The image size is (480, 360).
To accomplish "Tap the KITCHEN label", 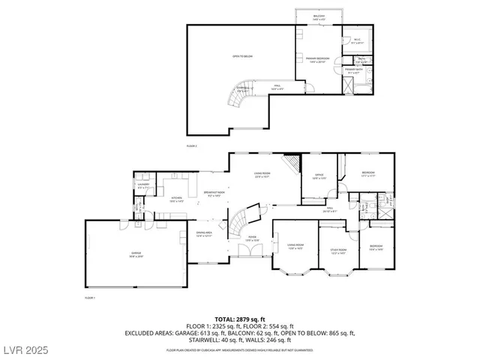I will pos(177,199).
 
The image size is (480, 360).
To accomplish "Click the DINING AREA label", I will pos(204,234).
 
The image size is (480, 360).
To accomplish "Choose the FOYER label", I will pos(252,239).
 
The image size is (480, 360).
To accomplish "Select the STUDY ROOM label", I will pos(338,250).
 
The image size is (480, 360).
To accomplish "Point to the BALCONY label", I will pos(319,16).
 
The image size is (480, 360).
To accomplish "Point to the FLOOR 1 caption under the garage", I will pos(91,298).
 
